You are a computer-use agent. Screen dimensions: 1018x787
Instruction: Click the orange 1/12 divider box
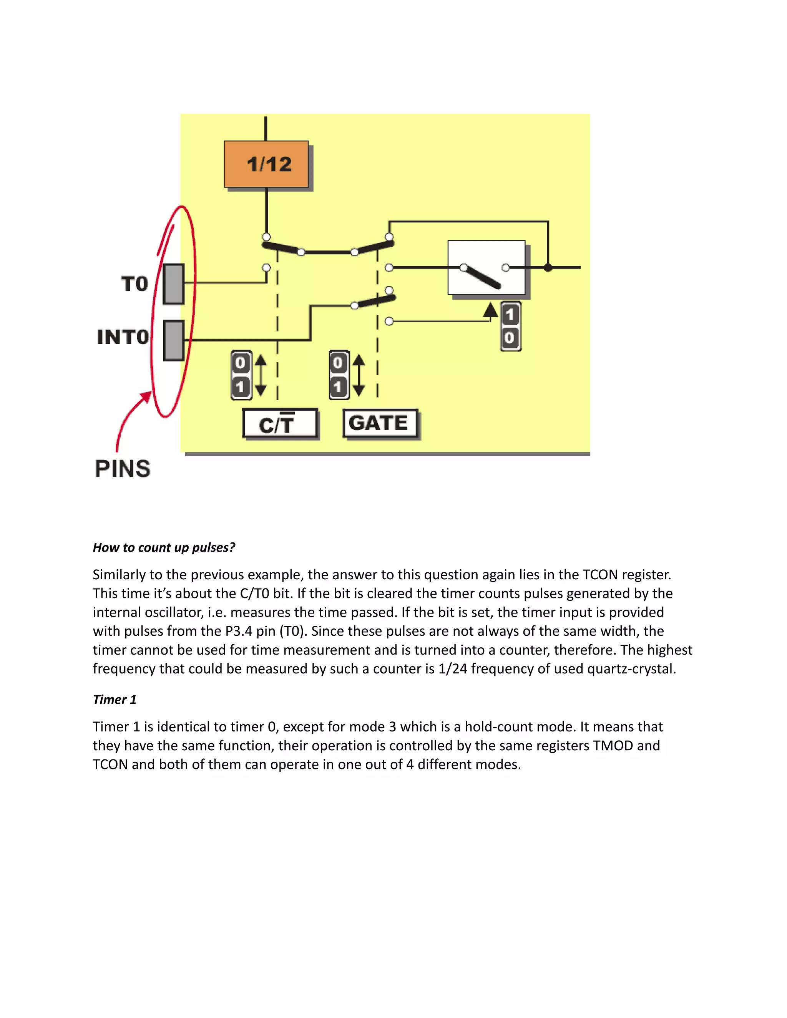(x=266, y=164)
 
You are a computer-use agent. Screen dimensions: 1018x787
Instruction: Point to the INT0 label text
(x=123, y=337)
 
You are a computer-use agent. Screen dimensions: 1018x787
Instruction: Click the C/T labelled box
(x=280, y=423)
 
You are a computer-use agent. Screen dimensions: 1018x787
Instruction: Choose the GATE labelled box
(x=380, y=423)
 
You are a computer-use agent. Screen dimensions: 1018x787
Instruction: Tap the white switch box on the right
(x=486, y=267)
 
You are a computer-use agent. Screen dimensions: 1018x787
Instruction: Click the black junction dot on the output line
(x=548, y=267)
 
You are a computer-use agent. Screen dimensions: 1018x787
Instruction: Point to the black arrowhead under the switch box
(x=490, y=310)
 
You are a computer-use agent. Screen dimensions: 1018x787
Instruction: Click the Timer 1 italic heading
(x=115, y=700)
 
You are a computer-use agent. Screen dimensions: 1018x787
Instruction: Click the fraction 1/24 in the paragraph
(x=452, y=669)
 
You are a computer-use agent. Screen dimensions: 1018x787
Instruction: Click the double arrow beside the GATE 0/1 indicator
(x=359, y=375)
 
